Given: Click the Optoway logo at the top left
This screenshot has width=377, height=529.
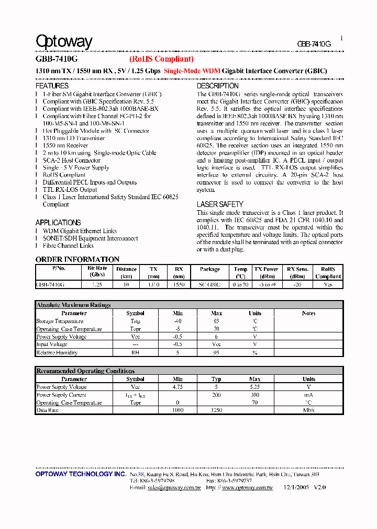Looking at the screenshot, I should [x=64, y=42].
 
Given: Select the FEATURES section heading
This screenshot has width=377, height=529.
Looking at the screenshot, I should [x=52, y=86].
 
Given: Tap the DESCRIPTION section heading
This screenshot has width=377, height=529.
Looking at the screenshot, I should [x=217, y=86].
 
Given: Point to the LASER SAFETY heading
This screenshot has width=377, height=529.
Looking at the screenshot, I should [x=220, y=204].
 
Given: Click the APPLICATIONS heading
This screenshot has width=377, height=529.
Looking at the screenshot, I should [x=58, y=223].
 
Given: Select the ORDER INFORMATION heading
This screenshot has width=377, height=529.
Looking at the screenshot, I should [x=77, y=259].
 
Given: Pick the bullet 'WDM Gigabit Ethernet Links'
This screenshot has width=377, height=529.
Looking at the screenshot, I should [x=80, y=231].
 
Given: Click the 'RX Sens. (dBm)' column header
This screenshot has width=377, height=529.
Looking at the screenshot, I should [x=297, y=272].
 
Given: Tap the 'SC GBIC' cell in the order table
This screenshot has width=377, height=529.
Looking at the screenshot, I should [x=209, y=284].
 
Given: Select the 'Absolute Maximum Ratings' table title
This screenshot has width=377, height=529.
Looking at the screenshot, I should [x=73, y=305].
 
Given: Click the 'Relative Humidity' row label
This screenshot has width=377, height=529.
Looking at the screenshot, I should [x=57, y=353].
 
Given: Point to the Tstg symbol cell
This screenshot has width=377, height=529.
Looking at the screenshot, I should [x=135, y=321].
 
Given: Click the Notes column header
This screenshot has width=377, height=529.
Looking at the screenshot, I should [x=308, y=313].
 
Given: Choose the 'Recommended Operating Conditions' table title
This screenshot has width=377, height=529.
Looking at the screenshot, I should [x=85, y=371].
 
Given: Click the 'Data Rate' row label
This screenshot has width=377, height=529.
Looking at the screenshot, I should [x=47, y=411].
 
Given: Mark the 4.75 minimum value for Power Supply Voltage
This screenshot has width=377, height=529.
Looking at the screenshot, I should [x=178, y=387].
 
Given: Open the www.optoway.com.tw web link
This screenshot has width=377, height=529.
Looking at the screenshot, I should [x=247, y=487].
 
